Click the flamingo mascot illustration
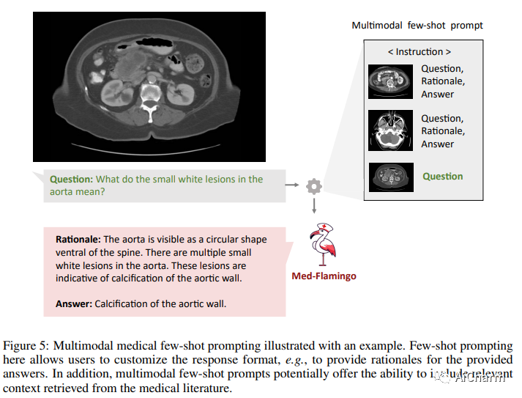pyautogui.click(x=321, y=244)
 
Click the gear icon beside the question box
pyautogui.click(x=314, y=185)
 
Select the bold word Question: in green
pyautogui.click(x=71, y=179)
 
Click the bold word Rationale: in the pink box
pyautogui.click(x=78, y=240)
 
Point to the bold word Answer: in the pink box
pyautogui.click(x=73, y=303)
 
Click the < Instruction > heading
pyautogui.click(x=419, y=51)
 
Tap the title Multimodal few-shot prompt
pyautogui.click(x=417, y=25)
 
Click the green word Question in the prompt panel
pyautogui.click(x=442, y=177)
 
